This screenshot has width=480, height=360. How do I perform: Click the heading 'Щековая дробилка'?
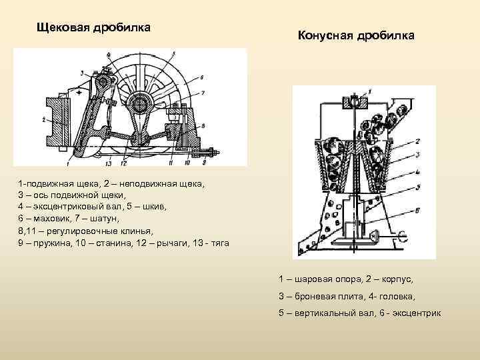click(93, 28)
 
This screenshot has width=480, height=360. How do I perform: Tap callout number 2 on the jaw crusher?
click(43, 121)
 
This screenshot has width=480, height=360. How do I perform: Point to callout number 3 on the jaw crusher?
click(81, 72)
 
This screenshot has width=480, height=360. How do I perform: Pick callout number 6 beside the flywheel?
click(201, 77)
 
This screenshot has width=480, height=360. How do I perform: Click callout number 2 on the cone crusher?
click(417, 141)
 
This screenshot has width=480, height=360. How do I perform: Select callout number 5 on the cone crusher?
click(417, 187)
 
